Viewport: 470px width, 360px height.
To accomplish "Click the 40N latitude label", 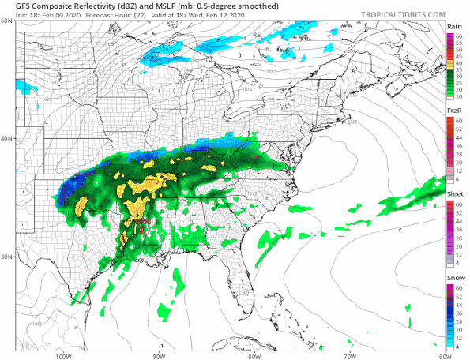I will click(7, 139).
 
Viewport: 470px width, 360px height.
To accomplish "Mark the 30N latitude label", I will click(7, 257).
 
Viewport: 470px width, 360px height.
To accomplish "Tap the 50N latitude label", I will click(7, 21).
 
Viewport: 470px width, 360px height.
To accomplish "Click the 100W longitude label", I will click(64, 355).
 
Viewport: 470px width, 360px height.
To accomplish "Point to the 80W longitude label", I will click(254, 355).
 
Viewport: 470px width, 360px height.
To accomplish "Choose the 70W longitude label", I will click(348, 355).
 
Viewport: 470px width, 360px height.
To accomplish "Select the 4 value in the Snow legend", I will click(459, 347).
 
